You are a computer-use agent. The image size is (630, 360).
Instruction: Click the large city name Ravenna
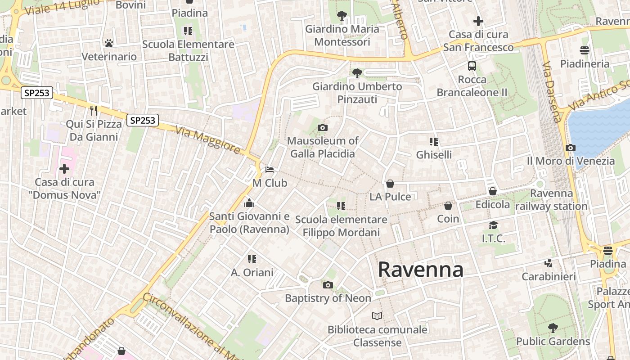tap(420, 269)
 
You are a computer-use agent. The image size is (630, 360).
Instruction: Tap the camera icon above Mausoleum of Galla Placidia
tap(322, 127)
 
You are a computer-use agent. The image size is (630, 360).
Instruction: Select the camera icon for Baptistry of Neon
tap(328, 285)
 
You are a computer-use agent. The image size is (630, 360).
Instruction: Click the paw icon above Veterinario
tap(108, 43)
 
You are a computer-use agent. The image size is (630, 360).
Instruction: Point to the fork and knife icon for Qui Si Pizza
tap(94, 110)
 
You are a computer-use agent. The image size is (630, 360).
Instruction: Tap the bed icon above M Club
tap(270, 170)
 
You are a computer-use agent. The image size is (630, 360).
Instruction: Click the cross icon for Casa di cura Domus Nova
tap(64, 169)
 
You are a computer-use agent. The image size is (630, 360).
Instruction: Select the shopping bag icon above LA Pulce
tap(390, 184)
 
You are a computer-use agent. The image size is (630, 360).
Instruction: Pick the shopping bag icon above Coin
tap(448, 206)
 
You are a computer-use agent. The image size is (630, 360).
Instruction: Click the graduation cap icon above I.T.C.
tap(494, 225)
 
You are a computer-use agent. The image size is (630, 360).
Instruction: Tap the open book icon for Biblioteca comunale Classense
tap(377, 316)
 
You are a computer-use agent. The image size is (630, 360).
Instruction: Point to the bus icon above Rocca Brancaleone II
tap(472, 66)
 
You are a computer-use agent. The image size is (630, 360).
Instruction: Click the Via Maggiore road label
tap(208, 139)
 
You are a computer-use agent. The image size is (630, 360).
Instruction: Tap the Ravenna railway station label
tap(551, 200)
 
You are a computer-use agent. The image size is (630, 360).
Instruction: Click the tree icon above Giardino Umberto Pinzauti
tap(357, 72)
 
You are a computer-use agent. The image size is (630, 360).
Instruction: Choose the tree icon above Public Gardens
tap(553, 328)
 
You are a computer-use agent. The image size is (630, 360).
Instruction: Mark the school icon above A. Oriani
tap(252, 259)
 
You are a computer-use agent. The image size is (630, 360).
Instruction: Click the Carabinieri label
tap(549, 276)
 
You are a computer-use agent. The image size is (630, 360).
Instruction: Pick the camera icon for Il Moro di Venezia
tap(571, 148)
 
